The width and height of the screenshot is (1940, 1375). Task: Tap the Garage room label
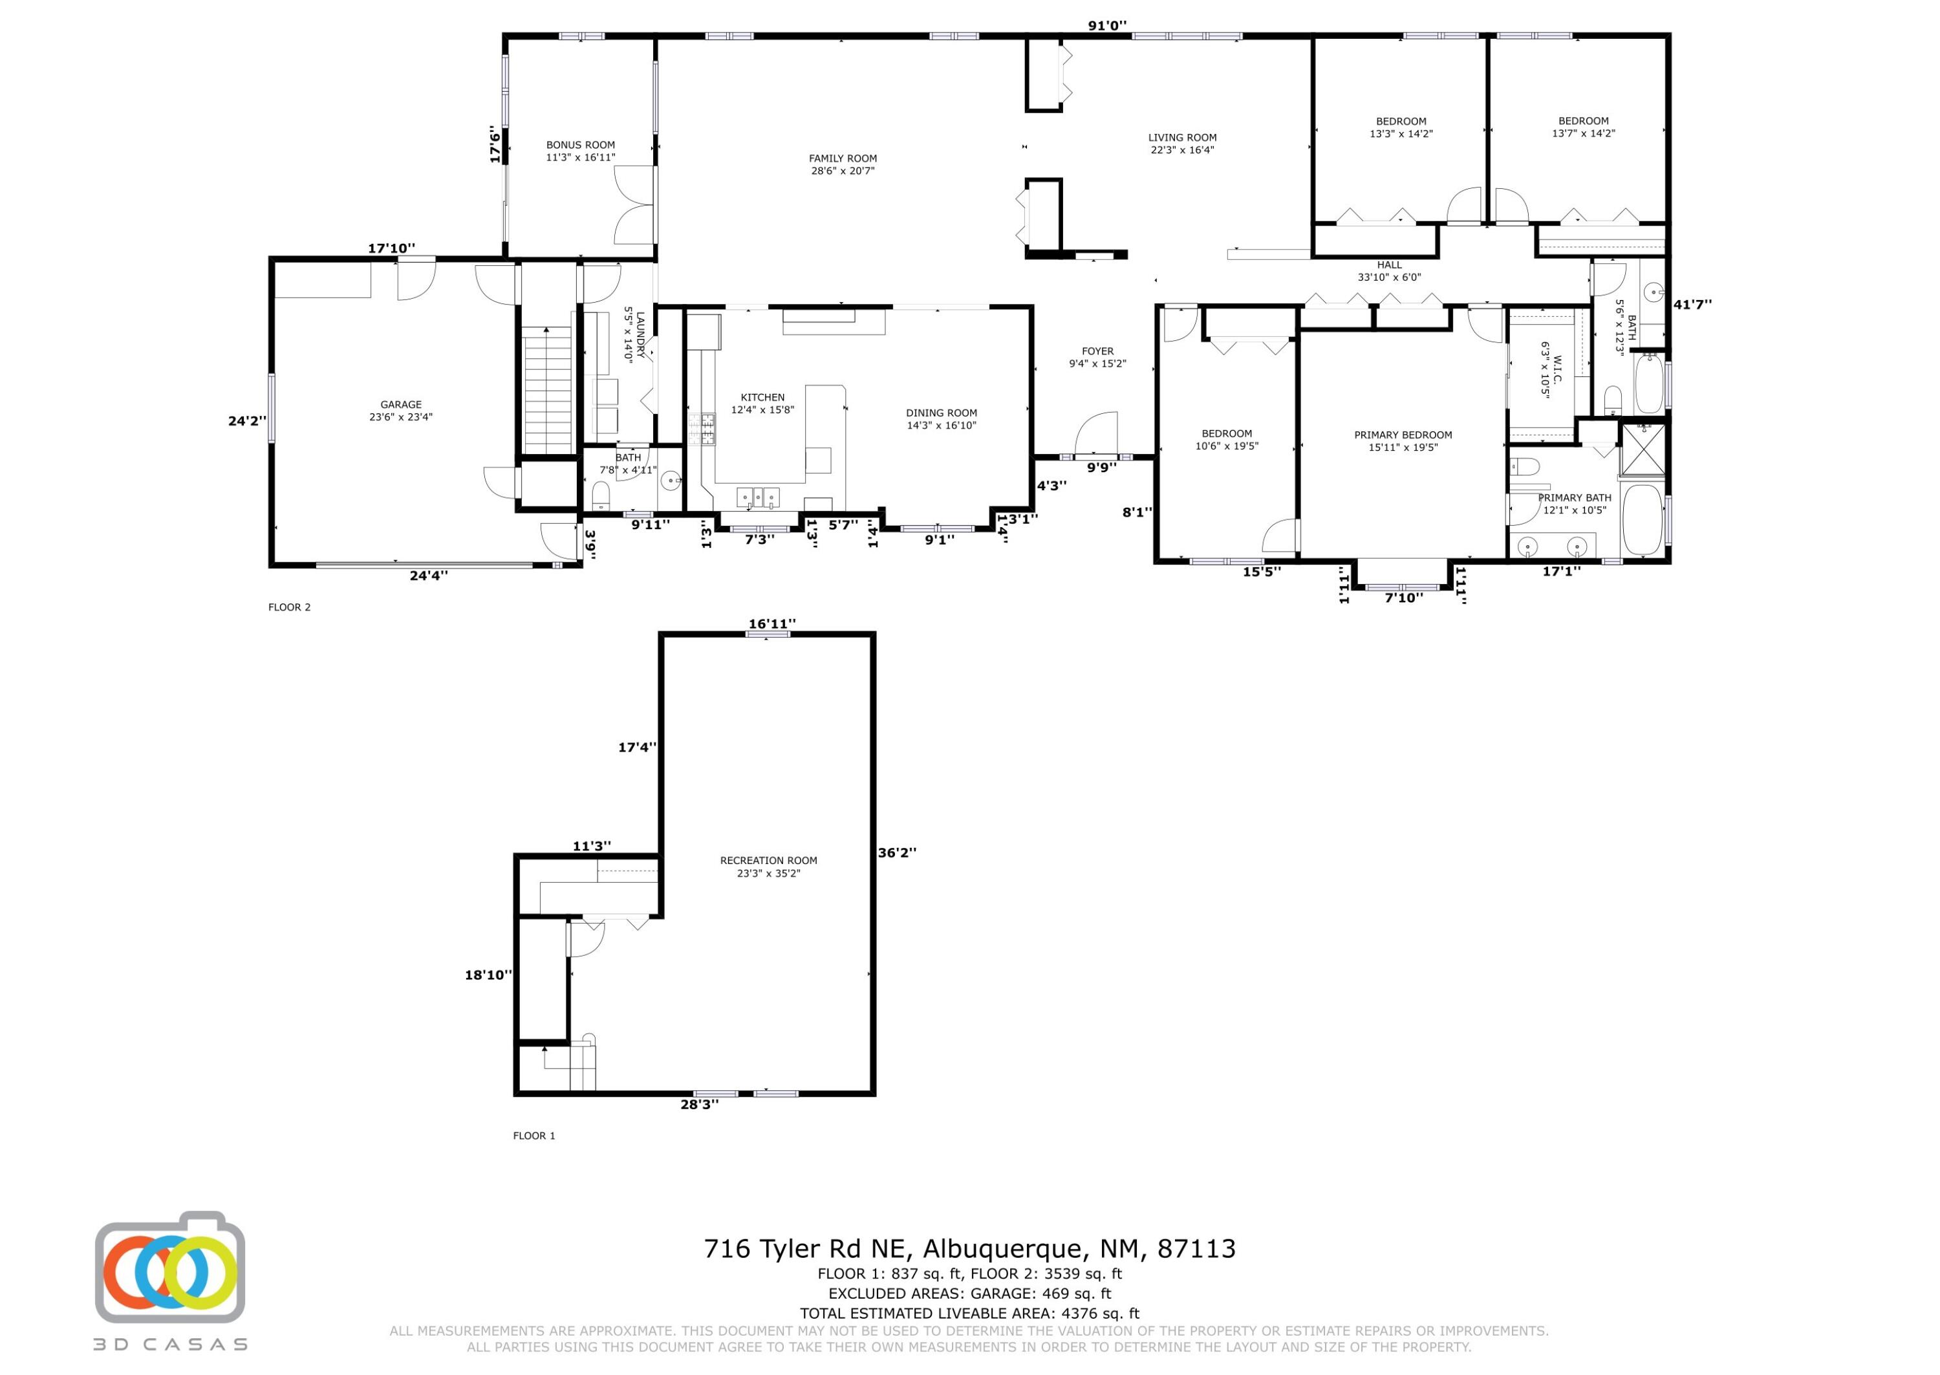400,411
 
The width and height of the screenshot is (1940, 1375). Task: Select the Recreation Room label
768,866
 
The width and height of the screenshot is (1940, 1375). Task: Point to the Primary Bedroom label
1403,441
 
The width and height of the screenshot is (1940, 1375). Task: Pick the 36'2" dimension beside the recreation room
897,852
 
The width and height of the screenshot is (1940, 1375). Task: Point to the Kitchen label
762,403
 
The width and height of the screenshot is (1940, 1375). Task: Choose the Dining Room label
941,419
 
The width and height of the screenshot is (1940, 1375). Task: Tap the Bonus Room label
581,151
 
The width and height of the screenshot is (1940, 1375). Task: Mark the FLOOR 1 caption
534,1136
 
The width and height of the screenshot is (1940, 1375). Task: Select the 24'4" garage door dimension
429,576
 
